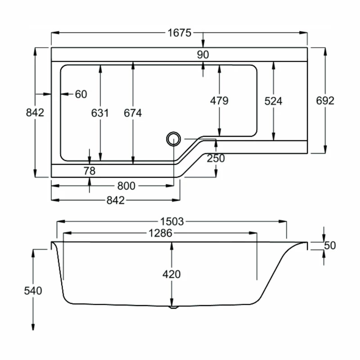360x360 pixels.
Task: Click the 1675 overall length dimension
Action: point(180,32)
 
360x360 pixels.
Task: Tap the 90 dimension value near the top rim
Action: point(203,54)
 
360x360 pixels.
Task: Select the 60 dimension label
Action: point(81,94)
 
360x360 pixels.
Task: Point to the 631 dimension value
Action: point(100,113)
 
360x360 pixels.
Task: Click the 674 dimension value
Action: point(133,113)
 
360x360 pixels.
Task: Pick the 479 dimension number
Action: point(219,101)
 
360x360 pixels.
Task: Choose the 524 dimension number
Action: point(273,101)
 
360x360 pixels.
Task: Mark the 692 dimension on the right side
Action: point(325,101)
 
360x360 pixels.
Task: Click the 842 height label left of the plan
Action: point(35,112)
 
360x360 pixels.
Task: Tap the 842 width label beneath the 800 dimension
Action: point(115,201)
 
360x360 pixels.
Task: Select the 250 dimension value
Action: point(216,158)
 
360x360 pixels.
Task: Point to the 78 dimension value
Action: point(90,171)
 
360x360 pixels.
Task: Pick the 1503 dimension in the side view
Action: point(172,221)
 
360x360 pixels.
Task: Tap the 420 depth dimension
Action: point(171,274)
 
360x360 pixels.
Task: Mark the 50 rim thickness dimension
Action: point(330,246)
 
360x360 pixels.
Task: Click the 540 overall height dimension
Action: point(33,291)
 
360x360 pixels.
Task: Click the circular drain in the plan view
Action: point(173,139)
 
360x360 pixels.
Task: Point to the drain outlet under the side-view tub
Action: point(173,308)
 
